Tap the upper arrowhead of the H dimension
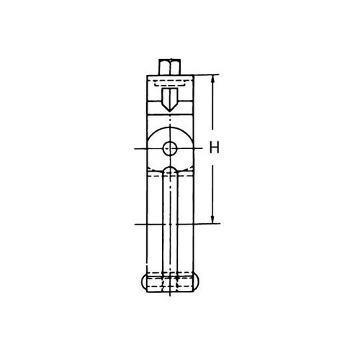(212, 79)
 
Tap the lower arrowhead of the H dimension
(212, 220)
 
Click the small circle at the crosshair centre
(170, 149)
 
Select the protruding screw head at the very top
(170, 67)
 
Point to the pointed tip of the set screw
(170, 111)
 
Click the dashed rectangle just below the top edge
(170, 83)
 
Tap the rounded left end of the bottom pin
(143, 284)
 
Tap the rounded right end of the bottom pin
(197, 284)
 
